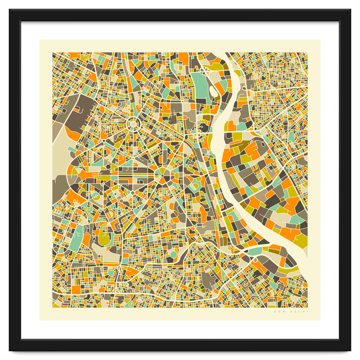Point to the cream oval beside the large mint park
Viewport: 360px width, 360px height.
pyautogui.click(x=213, y=90)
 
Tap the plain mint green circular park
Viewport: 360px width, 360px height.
pyautogui.click(x=173, y=255)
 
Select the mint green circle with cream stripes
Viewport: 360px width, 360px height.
pyautogui.click(x=95, y=197)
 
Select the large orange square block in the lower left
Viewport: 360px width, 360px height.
pyautogui.click(x=76, y=289)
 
